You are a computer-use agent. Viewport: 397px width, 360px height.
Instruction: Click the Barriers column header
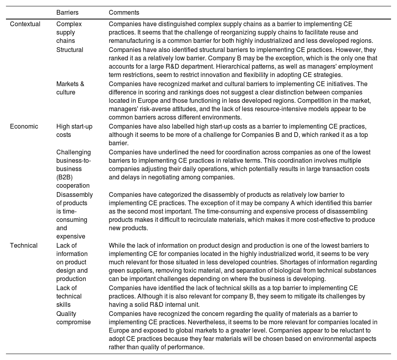[x=67, y=13]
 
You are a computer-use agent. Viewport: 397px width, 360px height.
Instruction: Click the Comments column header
[x=124, y=13]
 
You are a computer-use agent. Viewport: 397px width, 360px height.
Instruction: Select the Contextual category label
[x=25, y=24]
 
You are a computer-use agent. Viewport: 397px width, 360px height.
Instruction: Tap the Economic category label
[x=24, y=126]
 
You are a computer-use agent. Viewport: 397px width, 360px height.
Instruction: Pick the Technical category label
[x=24, y=245]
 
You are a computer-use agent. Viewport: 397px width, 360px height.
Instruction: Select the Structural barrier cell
[x=69, y=50]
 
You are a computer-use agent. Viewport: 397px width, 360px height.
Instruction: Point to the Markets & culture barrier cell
[x=70, y=88]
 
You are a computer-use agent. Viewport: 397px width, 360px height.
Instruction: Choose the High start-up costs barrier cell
[x=74, y=131]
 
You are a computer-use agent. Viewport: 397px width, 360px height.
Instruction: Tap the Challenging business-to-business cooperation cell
[x=73, y=169]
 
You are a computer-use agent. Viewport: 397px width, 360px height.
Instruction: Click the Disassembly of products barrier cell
[x=74, y=216]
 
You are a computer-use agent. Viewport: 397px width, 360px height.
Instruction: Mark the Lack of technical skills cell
[x=69, y=296]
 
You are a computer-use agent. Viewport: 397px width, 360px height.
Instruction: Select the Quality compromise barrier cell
[x=73, y=318]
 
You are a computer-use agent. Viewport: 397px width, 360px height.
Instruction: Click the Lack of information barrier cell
[x=72, y=262]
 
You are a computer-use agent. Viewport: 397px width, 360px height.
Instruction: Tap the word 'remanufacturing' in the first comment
[x=130, y=40]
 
